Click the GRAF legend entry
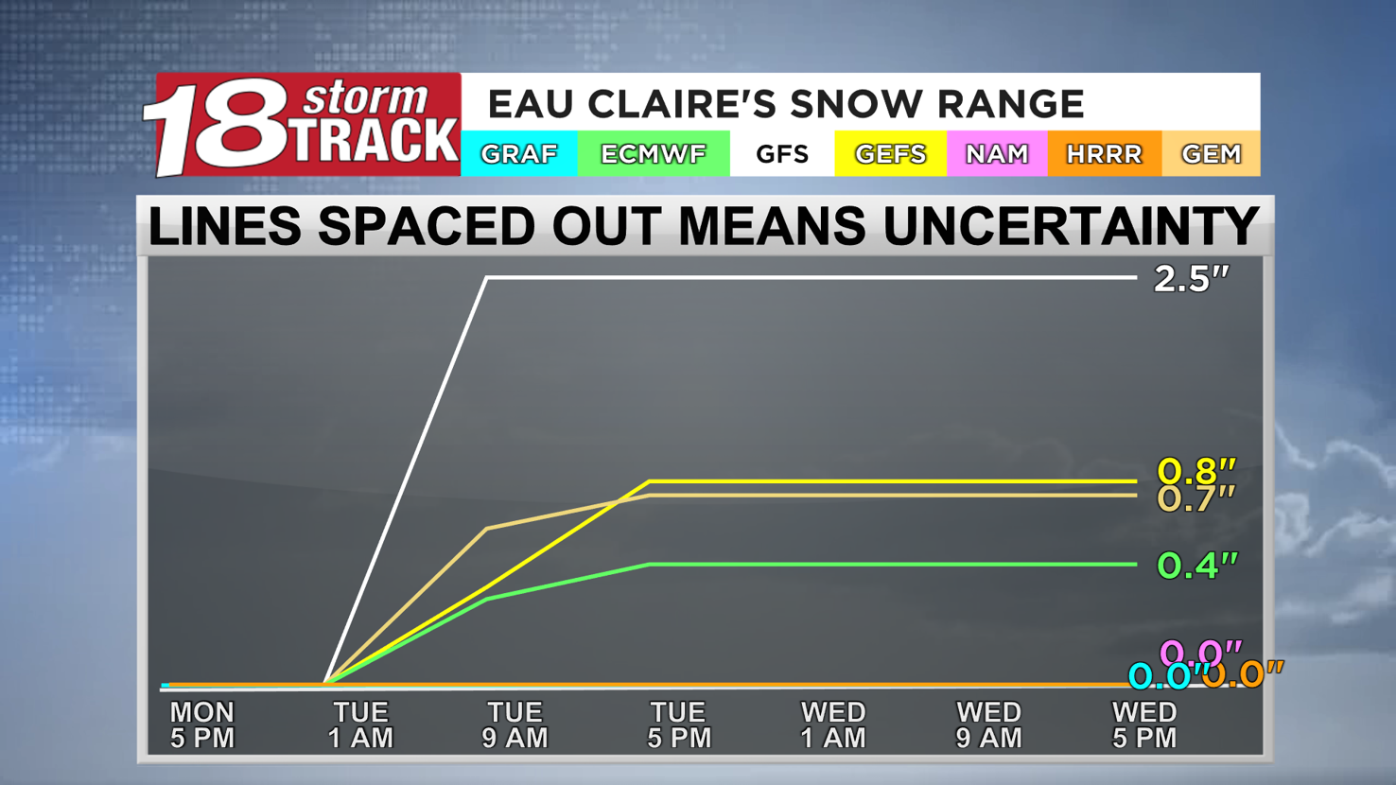518,154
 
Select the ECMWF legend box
653,154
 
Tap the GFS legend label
782,154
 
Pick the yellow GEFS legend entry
890,154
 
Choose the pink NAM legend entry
996,154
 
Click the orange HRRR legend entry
1104,154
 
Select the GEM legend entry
1211,154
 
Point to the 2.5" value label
1191,279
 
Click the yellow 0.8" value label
1196,469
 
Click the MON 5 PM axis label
202,725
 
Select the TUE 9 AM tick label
515,725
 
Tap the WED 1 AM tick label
832,725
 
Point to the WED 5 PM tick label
1144,725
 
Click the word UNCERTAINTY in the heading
1071,227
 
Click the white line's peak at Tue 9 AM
487,278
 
